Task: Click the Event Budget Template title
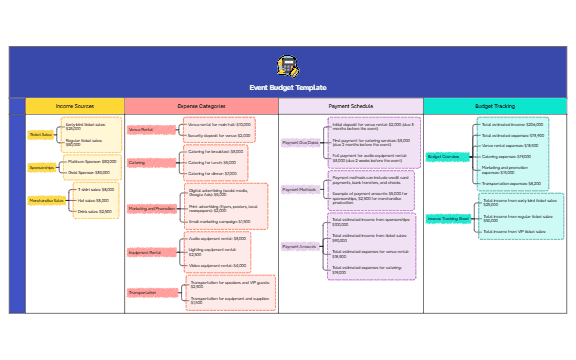(288, 88)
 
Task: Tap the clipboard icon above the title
(288, 67)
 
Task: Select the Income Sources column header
(75, 105)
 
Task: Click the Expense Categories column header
(201, 105)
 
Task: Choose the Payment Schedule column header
(350, 105)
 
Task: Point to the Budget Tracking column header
(495, 105)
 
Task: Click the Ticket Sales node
(41, 134)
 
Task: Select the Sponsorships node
(42, 167)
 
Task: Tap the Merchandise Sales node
(45, 200)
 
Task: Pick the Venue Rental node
(141, 129)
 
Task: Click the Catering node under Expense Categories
(137, 162)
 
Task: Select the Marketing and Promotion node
(152, 209)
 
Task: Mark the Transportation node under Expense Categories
(142, 292)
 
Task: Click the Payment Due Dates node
(299, 143)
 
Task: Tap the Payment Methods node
(299, 189)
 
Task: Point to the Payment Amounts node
(299, 246)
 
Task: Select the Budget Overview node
(443, 157)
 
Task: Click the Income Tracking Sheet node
(448, 217)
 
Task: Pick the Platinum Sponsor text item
(91, 161)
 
